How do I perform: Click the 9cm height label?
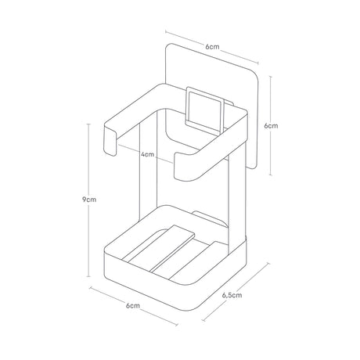click(89, 200)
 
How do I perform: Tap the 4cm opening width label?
click(147, 154)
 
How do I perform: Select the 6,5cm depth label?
click(232, 295)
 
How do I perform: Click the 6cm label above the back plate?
click(212, 47)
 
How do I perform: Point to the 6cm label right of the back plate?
click(271, 126)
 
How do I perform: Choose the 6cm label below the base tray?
click(133, 305)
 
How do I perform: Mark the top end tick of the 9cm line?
click(88, 124)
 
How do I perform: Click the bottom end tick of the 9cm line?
click(88, 276)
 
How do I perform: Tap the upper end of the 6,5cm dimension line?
click(268, 264)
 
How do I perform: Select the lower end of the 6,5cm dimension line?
click(203, 320)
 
